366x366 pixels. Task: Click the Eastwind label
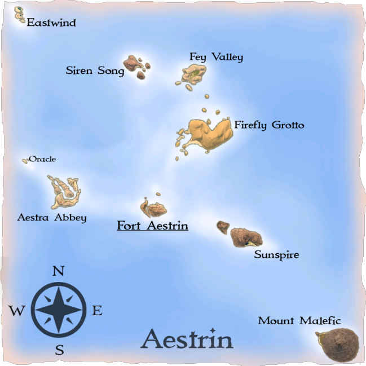51,23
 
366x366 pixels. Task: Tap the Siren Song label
95,71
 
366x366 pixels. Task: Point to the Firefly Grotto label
269,125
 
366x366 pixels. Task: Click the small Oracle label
42,159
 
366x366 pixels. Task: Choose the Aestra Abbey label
52,217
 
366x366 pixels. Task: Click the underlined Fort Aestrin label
152,226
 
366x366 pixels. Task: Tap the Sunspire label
276,255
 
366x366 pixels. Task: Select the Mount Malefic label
299,321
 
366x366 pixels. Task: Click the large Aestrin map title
187,339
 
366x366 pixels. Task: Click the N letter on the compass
58,271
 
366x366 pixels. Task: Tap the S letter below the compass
59,350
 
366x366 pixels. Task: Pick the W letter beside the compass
17,310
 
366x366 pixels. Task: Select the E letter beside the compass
97,310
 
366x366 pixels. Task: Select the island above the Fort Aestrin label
154,208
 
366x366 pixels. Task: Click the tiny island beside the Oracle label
25,161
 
